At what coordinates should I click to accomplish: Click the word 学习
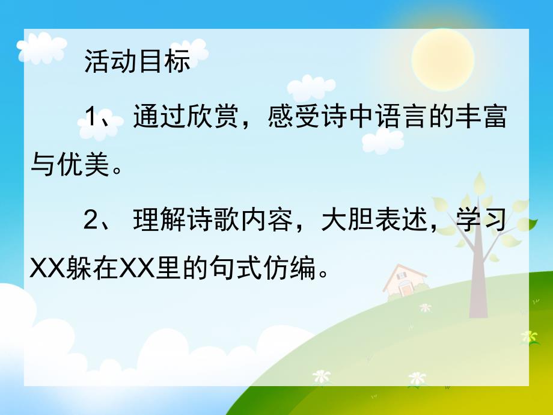point(480,222)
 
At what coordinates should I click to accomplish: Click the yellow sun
point(443,59)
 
